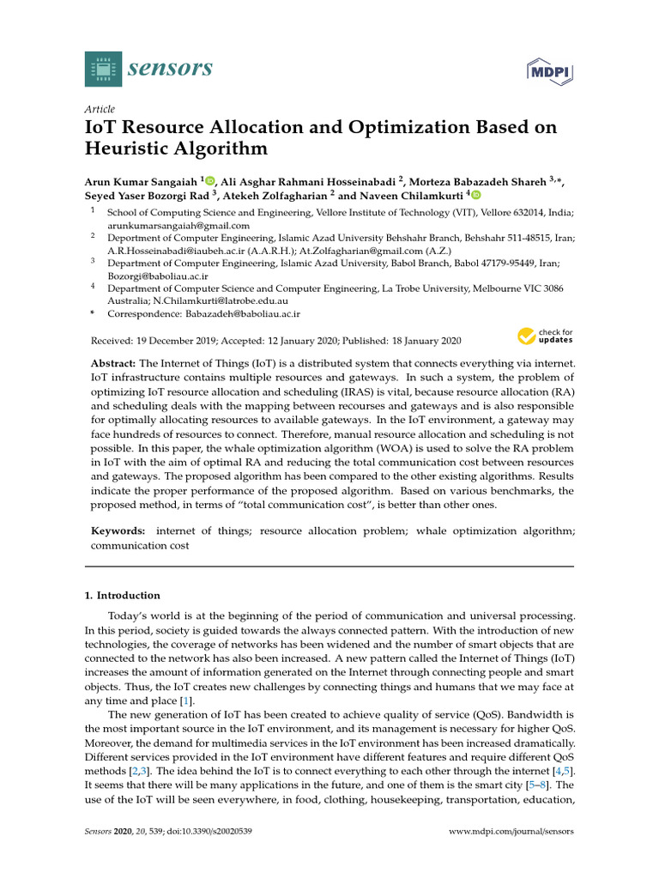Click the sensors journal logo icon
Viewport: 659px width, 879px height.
click(x=104, y=68)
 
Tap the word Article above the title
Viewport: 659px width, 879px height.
click(x=100, y=109)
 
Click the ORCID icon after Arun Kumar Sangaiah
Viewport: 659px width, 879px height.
click(x=210, y=181)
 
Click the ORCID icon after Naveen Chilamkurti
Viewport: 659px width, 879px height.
click(x=476, y=195)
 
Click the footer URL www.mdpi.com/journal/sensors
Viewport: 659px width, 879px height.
click(x=511, y=832)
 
